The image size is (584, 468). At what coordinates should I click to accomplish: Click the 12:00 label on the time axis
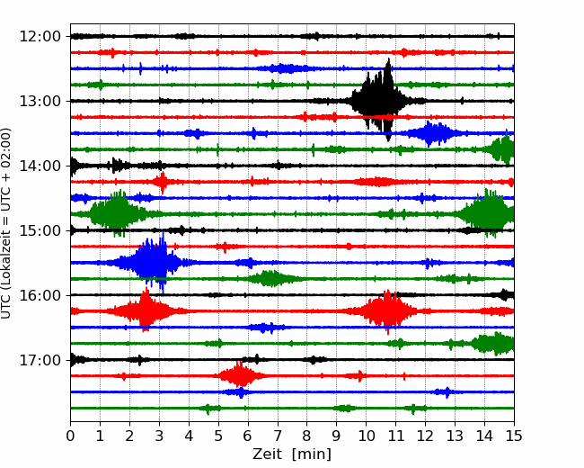coord(40,37)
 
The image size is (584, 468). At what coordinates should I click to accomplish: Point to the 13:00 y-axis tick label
coord(40,101)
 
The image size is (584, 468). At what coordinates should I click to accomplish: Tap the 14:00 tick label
coord(40,166)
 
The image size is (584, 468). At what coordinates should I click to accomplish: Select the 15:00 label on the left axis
coord(40,230)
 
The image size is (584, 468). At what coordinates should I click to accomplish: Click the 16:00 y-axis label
coord(40,295)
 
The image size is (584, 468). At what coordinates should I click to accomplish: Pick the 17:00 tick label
coord(40,360)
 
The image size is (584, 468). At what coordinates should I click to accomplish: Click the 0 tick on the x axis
coord(70,436)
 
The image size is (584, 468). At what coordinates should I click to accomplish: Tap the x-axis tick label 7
coord(278,436)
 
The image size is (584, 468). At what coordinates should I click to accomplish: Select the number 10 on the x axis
coord(366,436)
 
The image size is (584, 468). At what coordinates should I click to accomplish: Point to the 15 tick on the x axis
coord(514,436)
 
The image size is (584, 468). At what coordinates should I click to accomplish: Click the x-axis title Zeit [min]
coord(292,454)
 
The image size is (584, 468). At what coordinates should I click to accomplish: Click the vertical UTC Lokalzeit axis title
coord(6,223)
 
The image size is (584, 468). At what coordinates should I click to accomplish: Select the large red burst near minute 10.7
coord(387,310)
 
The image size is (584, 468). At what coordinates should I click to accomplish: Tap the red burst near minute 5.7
coord(240,375)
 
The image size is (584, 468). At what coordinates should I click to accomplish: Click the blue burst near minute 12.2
coord(432,133)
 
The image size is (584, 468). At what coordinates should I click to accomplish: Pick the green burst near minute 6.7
coord(269,278)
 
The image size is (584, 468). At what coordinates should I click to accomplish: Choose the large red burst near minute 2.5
coord(145,310)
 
